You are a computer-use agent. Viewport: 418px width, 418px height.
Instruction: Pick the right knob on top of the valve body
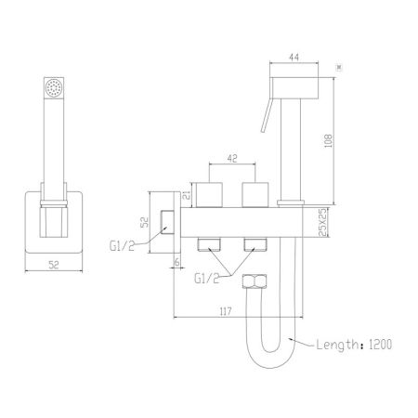tap(253, 194)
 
